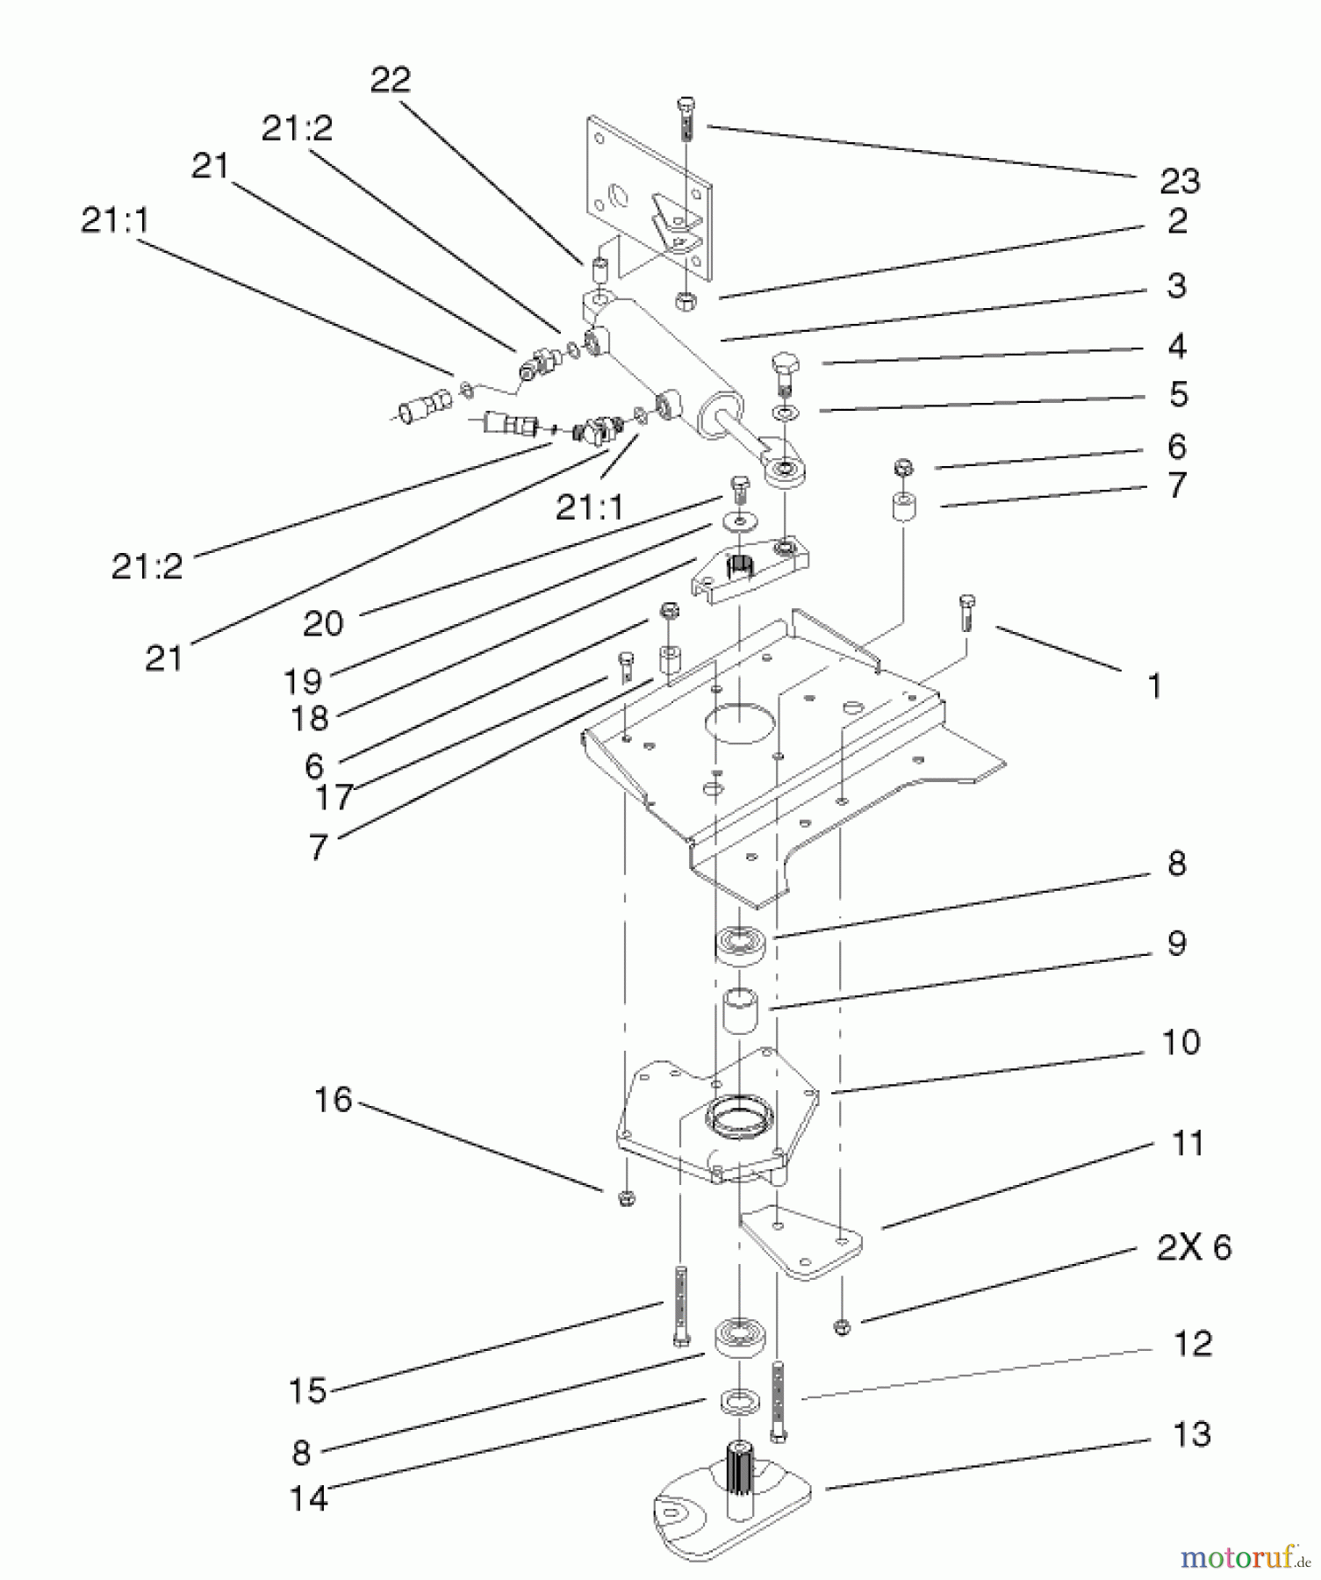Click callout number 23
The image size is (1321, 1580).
coord(1179,181)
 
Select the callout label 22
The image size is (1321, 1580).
coord(390,80)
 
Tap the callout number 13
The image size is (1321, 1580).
coord(1191,1433)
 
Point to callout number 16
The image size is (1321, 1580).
coord(333,1099)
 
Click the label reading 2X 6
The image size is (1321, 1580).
coord(1193,1246)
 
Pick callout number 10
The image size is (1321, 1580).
coord(1180,1042)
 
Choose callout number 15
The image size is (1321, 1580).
coord(307,1390)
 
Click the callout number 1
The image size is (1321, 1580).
coord(1154,686)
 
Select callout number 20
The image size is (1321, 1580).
coord(323,623)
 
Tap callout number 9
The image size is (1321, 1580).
coord(1176,943)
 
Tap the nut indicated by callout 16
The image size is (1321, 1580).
coord(626,1197)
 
